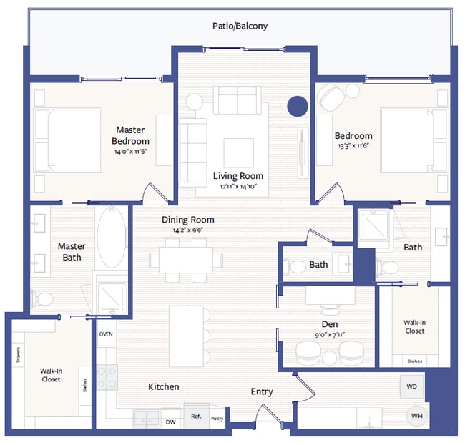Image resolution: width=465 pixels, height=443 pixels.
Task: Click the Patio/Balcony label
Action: pyautogui.click(x=240, y=26)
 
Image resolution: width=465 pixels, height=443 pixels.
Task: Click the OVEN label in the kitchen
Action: pyautogui.click(x=105, y=334)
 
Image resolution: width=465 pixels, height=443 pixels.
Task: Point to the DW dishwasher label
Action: pyautogui.click(x=170, y=422)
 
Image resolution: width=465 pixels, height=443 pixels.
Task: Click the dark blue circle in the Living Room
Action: pyautogui.click(x=297, y=107)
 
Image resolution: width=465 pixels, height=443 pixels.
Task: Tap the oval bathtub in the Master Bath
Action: pyautogui.click(x=111, y=238)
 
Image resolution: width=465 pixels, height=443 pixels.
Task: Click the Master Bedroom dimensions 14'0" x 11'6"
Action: pyautogui.click(x=130, y=152)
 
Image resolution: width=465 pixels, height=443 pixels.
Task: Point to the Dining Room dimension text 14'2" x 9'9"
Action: pyautogui.click(x=187, y=231)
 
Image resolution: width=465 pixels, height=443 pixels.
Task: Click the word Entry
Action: pyautogui.click(x=261, y=392)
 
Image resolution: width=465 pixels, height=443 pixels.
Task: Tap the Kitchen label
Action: pyautogui.click(x=163, y=386)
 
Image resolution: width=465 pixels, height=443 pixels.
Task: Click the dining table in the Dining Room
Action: pyautogui.click(x=185, y=258)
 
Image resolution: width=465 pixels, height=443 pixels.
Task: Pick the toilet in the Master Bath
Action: pyautogui.click(x=44, y=298)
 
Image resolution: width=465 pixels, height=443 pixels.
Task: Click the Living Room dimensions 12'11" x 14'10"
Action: pyautogui.click(x=238, y=187)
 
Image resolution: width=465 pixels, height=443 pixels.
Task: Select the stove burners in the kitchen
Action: pyautogui.click(x=107, y=378)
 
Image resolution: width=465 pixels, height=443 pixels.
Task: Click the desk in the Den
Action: pyautogui.click(x=330, y=293)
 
